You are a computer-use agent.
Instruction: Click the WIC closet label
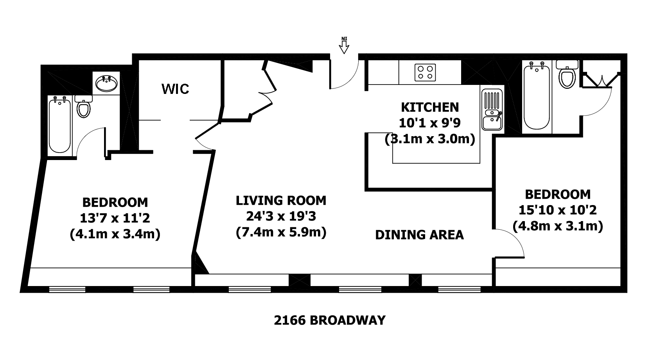(x=175, y=89)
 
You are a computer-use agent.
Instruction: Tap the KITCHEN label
(x=430, y=108)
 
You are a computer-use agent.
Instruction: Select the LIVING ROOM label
(x=281, y=200)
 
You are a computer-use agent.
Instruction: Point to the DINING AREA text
(x=419, y=235)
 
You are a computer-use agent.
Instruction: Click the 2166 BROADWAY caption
(x=329, y=320)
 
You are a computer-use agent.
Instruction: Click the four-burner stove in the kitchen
(x=425, y=72)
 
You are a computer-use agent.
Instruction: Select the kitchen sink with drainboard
(x=492, y=109)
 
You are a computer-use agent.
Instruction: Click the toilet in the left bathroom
(x=84, y=106)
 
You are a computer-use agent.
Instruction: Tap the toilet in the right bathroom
(x=567, y=74)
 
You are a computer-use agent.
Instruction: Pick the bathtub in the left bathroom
(x=60, y=125)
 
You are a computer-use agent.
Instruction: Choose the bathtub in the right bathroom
(x=537, y=97)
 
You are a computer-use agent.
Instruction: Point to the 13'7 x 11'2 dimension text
(x=115, y=218)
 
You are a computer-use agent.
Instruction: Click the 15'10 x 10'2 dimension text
(x=558, y=210)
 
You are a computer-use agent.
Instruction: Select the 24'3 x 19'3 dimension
(x=281, y=216)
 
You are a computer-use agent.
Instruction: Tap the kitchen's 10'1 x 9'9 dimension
(x=429, y=123)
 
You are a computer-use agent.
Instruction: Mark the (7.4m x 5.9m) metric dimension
(x=281, y=232)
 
